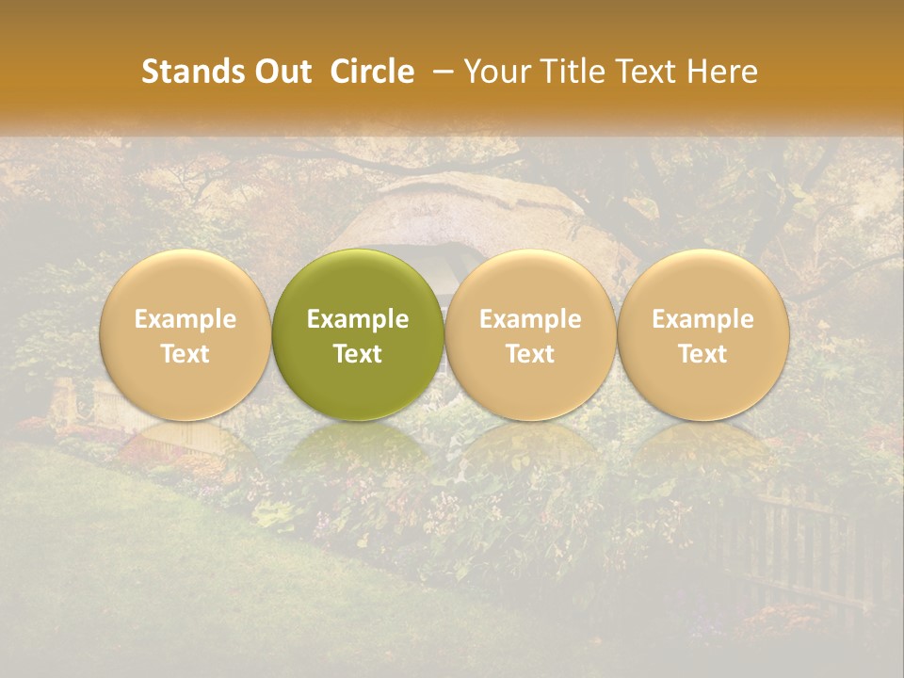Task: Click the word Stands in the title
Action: (182, 72)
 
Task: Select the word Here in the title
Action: (723, 72)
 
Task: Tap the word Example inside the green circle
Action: (358, 319)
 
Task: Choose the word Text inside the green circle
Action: (358, 354)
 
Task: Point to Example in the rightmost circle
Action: (702, 319)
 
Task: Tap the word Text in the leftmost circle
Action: (186, 354)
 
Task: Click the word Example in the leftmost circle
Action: (186, 319)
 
